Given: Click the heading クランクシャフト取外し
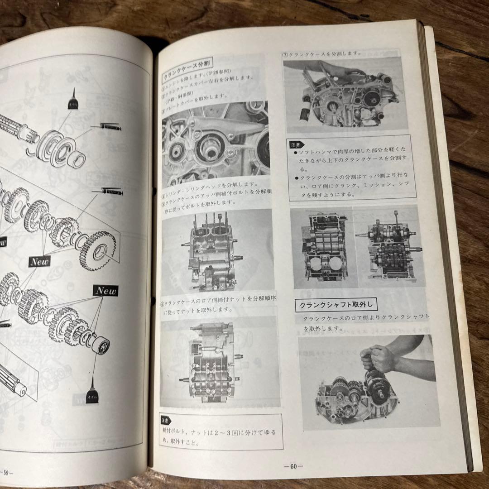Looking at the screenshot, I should coord(336,305).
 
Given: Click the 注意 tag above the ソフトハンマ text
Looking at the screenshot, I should coord(294,146).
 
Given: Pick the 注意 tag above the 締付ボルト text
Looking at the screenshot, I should coord(167,421).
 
